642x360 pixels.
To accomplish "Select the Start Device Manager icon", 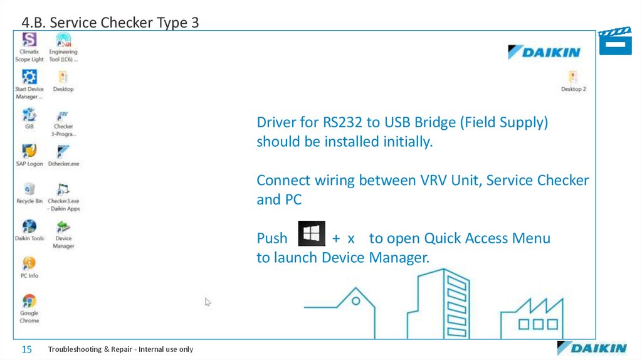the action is point(29,78).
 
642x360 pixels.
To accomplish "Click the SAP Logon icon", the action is point(29,152).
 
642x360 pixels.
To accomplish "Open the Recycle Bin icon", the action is point(29,189).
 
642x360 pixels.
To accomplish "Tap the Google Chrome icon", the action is point(29,301).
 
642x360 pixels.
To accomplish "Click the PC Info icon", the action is point(29,263).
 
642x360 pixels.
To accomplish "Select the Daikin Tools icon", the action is point(29,226).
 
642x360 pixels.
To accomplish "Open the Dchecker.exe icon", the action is point(63,152).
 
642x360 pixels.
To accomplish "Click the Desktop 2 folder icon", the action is point(573,78).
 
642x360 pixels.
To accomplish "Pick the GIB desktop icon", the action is point(29,115).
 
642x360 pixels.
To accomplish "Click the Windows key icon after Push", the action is point(312,234).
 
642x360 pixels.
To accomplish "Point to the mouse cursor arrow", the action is point(208,302).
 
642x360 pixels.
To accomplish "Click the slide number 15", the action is point(27,349).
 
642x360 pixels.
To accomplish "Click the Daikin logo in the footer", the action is point(591,348).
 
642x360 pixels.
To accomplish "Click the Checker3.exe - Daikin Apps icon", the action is point(63,189).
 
